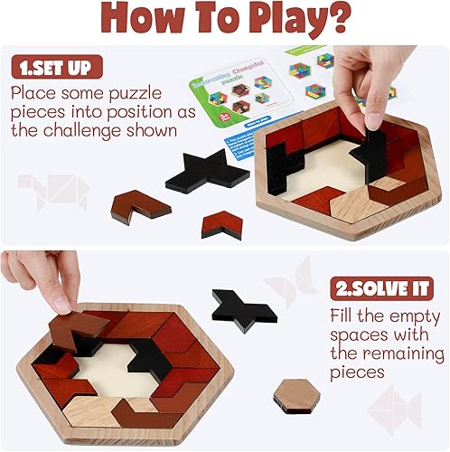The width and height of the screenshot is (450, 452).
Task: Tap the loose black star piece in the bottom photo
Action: (x=243, y=309)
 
